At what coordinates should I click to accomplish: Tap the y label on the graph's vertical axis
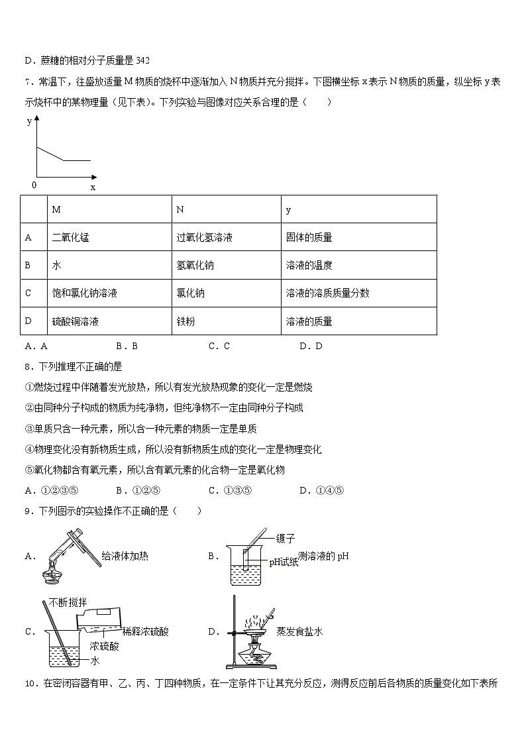click(29, 121)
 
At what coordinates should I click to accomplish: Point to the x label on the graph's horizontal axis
click(93, 187)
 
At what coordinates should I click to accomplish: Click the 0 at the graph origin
click(34, 185)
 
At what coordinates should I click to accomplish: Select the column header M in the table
click(56, 209)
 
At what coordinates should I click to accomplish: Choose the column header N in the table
click(180, 209)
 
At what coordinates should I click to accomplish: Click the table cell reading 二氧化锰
click(70, 237)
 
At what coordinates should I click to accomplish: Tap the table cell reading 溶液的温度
click(309, 265)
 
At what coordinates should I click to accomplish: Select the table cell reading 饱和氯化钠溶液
click(84, 293)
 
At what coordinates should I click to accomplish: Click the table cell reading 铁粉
click(185, 321)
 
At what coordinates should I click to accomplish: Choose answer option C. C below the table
click(219, 346)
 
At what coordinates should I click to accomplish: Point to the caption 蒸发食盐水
click(299, 631)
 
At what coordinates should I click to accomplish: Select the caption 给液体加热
click(125, 556)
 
